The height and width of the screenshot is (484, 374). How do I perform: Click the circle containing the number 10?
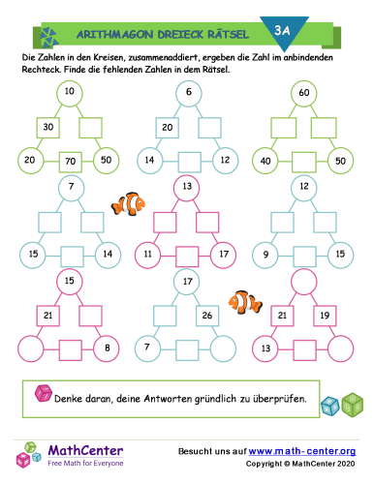coord(69,93)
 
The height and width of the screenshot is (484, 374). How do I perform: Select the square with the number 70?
coord(69,160)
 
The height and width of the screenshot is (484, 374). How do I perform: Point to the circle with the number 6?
coord(188,93)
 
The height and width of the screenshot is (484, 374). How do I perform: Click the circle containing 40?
coord(264,160)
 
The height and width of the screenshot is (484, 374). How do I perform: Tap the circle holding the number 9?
coord(265,254)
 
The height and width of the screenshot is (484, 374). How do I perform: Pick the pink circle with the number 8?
coord(110,347)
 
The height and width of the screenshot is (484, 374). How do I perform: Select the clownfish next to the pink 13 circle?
coord(128,204)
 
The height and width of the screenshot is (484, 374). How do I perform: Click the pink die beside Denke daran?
coord(44,394)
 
